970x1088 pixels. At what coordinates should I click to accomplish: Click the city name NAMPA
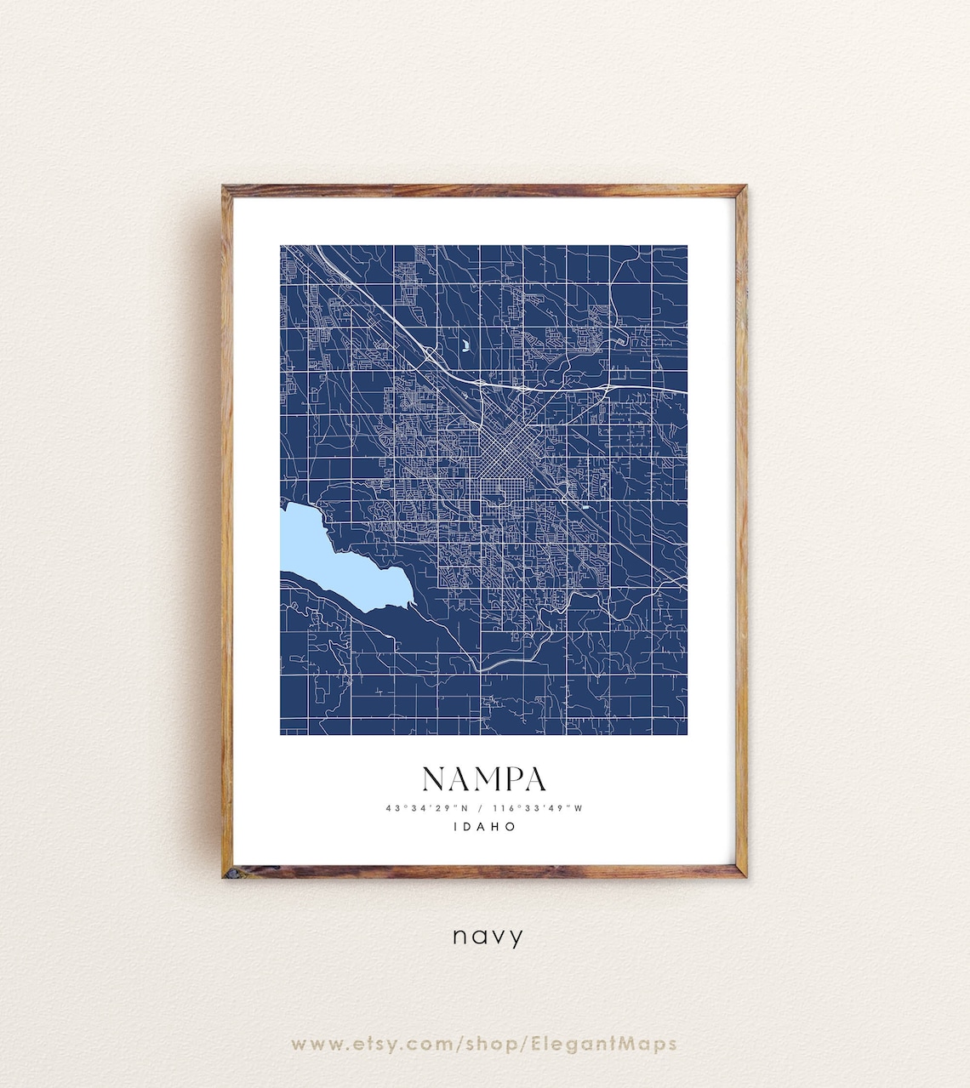tap(484, 779)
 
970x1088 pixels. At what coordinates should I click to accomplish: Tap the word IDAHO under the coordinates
tap(484, 826)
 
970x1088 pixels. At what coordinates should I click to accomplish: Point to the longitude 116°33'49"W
tap(538, 808)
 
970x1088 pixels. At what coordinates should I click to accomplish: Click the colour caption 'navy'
tap(488, 937)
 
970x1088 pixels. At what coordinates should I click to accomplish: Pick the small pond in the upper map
tap(466, 345)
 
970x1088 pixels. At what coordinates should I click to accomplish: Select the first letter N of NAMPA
tap(433, 779)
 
